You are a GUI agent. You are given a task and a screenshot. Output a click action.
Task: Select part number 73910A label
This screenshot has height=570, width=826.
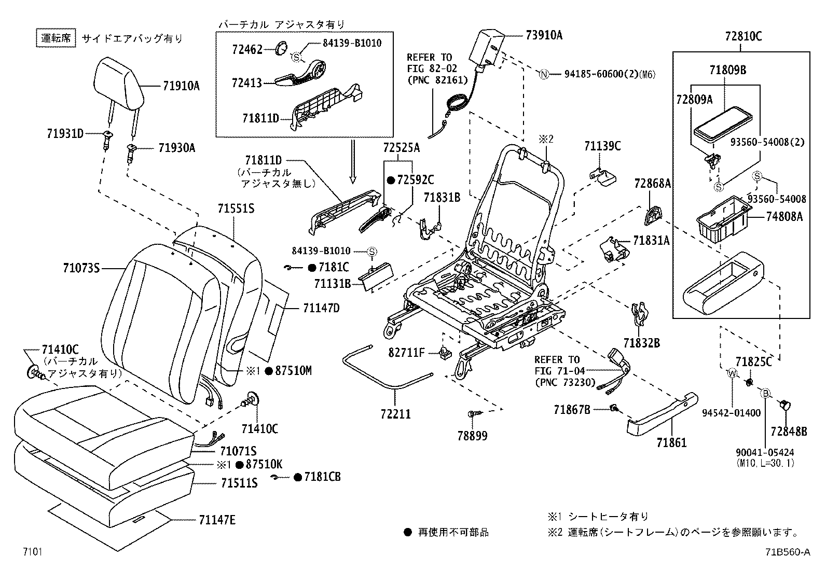tap(544, 35)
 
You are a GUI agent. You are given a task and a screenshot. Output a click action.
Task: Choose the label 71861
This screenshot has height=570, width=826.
tap(671, 442)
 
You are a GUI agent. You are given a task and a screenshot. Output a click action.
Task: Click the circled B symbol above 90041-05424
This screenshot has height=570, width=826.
tap(765, 393)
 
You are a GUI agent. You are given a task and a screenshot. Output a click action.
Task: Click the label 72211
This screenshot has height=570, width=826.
tap(395, 413)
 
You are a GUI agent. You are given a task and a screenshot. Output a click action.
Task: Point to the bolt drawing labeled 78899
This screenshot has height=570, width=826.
tap(473, 414)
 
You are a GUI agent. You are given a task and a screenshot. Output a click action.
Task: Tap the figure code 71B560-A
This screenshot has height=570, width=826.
tap(787, 552)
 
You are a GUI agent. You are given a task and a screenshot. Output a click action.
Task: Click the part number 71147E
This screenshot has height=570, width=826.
tap(216, 520)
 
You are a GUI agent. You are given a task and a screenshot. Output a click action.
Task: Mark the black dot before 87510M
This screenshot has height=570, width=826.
tap(268, 371)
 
